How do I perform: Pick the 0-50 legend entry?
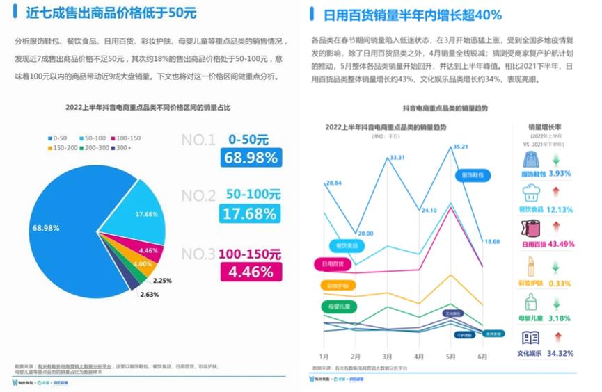click(x=56, y=138)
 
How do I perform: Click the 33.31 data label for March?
click(x=397, y=158)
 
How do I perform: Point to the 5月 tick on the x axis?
click(x=451, y=356)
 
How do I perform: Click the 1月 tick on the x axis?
click(x=324, y=356)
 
